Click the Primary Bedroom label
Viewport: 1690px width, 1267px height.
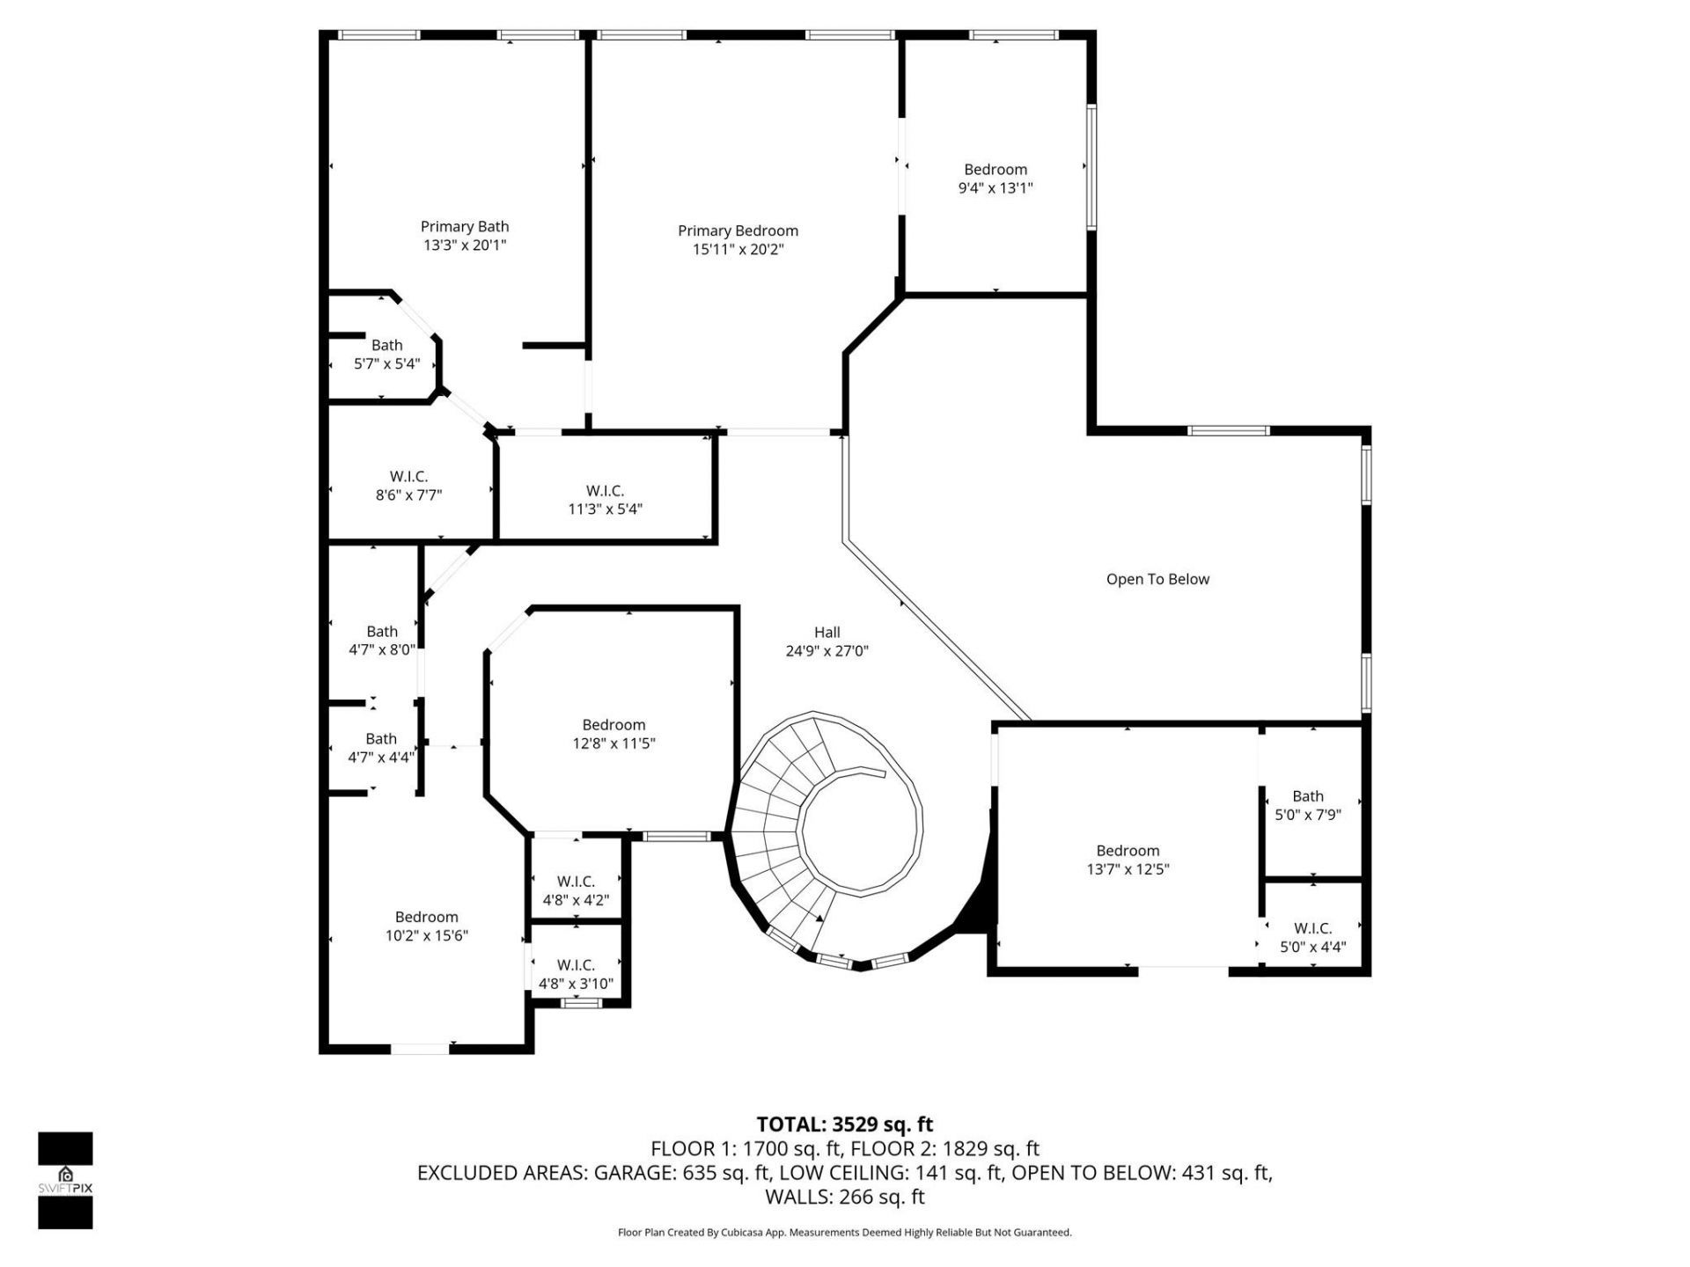tap(738, 231)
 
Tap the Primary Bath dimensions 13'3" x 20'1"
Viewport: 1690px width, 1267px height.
tap(464, 245)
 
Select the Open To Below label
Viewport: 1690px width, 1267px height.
tap(1157, 579)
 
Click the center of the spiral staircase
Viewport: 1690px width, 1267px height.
tap(859, 827)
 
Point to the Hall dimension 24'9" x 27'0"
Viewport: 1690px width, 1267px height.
tap(827, 651)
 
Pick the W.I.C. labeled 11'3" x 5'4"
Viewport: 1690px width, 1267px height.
tap(605, 500)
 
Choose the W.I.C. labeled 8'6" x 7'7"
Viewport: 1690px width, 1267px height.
tap(408, 486)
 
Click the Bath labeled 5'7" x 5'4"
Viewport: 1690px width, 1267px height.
tap(386, 354)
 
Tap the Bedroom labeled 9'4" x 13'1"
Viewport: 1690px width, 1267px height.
tap(995, 179)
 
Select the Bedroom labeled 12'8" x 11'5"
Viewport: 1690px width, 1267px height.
tap(614, 734)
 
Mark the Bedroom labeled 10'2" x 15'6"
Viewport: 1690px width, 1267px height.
tap(426, 926)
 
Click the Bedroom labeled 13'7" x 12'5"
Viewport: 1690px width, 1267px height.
tap(1127, 860)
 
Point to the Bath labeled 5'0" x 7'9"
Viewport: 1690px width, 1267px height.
tap(1307, 805)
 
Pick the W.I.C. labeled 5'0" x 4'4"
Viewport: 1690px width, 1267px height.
tap(1312, 937)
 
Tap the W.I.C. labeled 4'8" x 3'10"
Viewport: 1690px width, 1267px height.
tap(576, 975)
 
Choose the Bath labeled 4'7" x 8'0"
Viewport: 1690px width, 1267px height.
tap(381, 641)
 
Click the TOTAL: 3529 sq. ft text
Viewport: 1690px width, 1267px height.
tap(844, 1124)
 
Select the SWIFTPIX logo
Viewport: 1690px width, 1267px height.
tap(65, 1180)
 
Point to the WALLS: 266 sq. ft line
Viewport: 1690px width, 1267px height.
tap(844, 1197)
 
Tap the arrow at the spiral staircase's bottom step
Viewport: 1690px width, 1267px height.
tap(819, 918)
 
